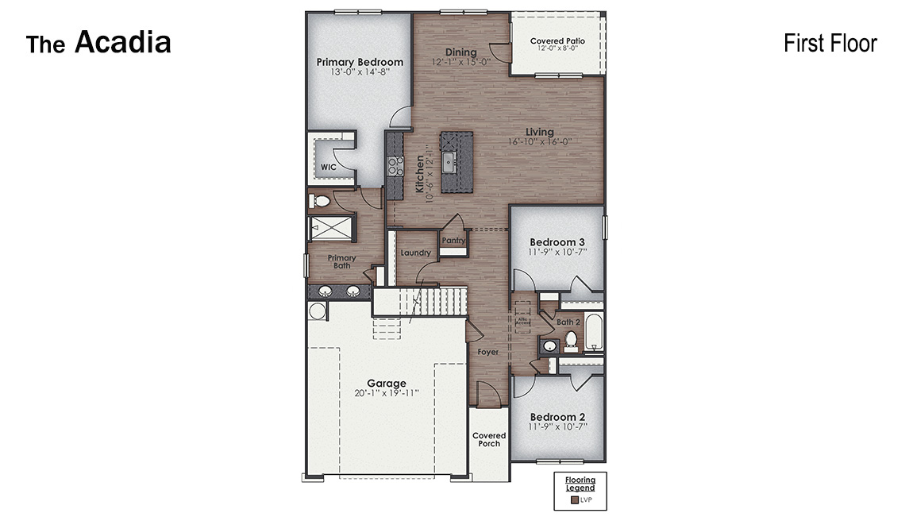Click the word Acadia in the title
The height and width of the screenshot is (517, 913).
123,43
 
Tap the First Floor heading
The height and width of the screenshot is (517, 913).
830,43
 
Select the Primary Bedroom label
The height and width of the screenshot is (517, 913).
360,62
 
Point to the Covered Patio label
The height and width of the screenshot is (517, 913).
557,41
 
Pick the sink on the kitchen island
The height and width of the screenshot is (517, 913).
449,163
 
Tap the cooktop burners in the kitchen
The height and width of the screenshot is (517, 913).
395,165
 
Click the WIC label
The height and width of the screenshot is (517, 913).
328,168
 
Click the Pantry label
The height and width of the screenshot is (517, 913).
453,241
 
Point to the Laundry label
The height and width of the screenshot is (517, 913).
415,253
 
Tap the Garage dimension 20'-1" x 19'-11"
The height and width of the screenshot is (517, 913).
386,393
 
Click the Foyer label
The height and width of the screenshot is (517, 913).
487,352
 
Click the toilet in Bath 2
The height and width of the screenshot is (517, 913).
571,341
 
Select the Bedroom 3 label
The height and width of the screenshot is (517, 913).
557,242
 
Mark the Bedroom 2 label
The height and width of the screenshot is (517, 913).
557,417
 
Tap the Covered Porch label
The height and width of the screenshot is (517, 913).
489,439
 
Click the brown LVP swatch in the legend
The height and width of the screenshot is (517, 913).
574,500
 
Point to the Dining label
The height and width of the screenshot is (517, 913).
460,52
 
